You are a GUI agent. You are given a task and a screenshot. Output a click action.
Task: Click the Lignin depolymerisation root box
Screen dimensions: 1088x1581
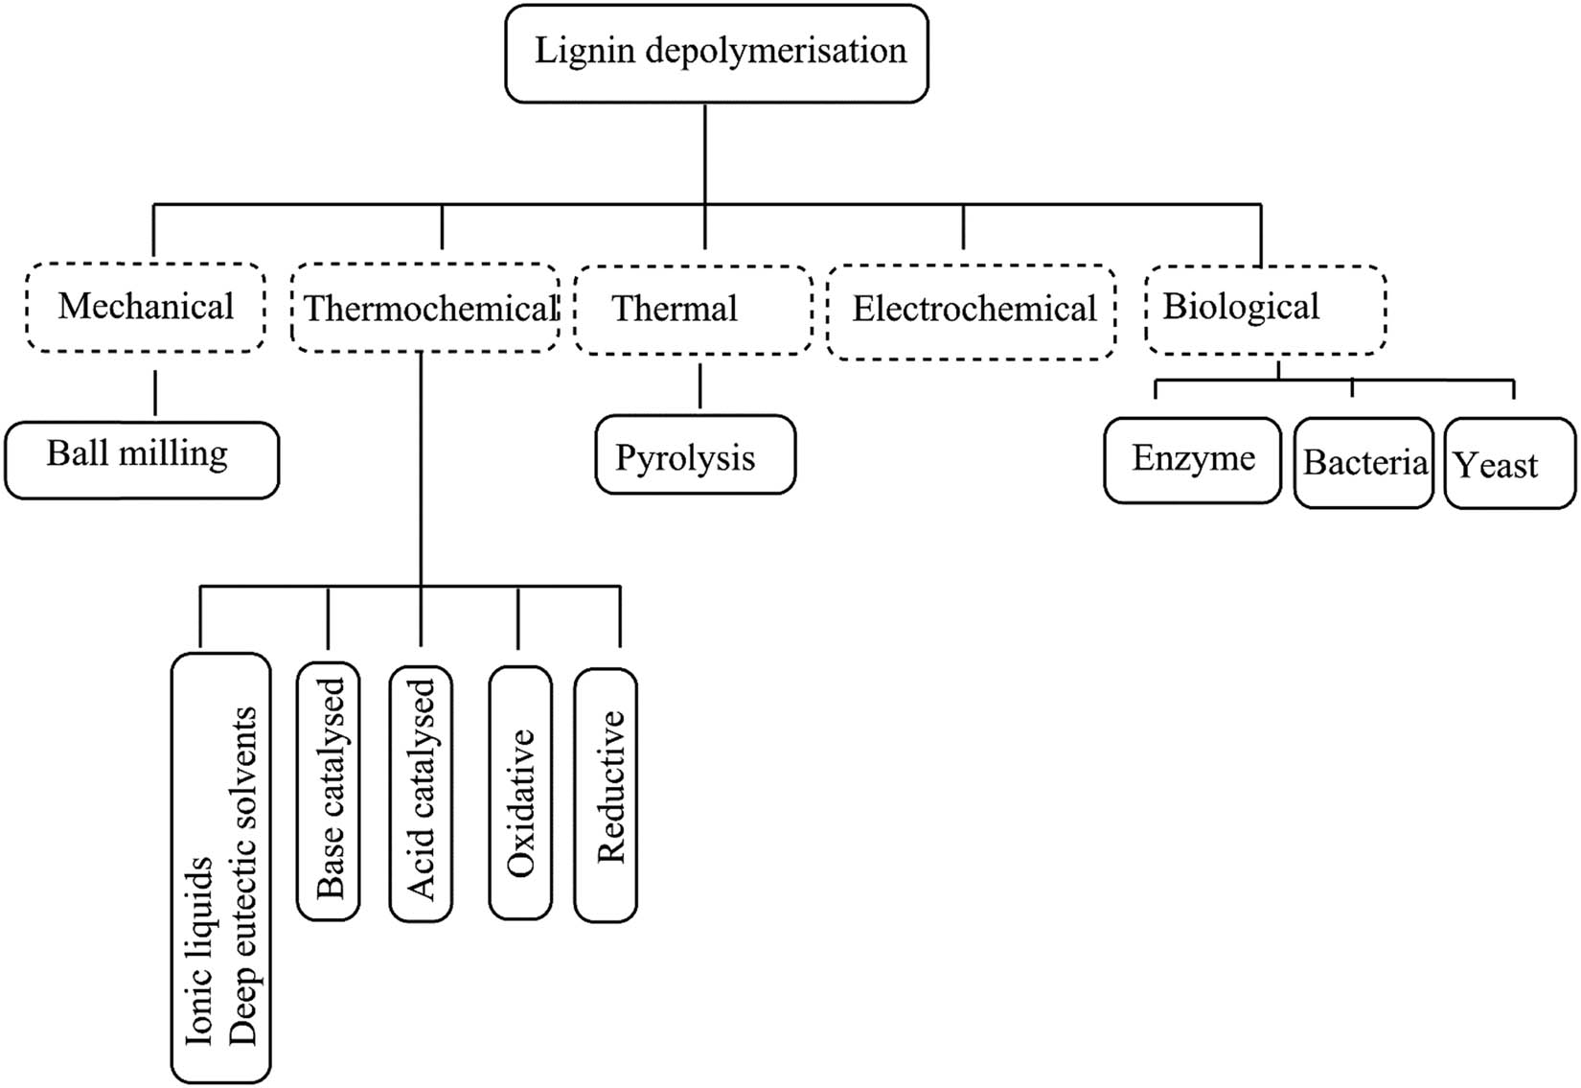716,54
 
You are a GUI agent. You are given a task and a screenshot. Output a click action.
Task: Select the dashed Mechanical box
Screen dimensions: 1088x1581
146,307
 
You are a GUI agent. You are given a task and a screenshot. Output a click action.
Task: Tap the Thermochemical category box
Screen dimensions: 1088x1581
424,309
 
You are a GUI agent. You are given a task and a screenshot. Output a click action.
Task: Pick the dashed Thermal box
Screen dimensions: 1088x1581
692,310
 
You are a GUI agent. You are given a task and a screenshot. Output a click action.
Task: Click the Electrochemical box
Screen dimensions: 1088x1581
971,311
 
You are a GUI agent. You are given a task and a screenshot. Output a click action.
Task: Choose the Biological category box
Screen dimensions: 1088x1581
1265,309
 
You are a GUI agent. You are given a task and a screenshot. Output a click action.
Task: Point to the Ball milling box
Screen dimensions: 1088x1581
141,458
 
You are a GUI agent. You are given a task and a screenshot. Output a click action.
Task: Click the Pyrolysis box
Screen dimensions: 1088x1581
695,455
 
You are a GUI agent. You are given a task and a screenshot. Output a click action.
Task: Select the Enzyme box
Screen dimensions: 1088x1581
1192,459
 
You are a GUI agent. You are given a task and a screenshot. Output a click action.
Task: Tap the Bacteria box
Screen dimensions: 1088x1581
1363,463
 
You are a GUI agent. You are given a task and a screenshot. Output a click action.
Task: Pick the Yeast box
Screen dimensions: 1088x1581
1508,464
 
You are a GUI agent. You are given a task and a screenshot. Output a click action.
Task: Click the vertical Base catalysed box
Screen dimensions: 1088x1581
329,790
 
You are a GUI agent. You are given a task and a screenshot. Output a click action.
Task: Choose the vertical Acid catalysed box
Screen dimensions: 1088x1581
421,792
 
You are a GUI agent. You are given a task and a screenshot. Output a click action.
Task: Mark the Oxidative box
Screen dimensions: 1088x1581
520,794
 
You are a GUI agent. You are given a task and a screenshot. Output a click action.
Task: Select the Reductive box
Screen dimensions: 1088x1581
606,794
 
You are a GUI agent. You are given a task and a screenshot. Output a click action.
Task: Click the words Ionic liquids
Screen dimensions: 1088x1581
199,949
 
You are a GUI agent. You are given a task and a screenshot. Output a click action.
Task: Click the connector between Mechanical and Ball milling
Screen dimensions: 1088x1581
155,392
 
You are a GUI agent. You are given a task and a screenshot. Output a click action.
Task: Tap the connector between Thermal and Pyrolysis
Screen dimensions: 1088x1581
700,385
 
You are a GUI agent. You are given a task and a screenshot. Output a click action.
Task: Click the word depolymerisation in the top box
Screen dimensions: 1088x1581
775,51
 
